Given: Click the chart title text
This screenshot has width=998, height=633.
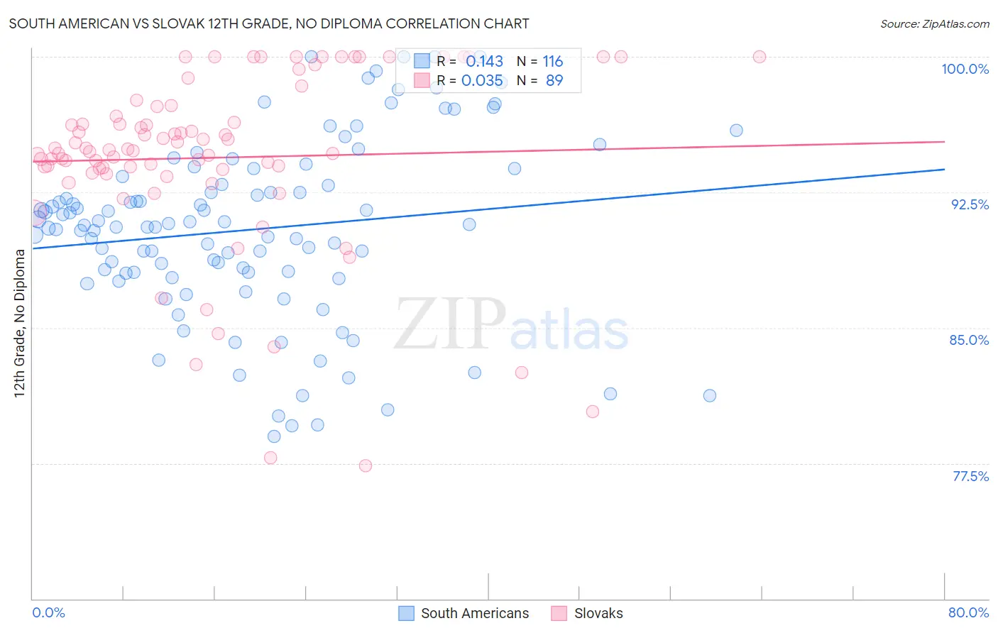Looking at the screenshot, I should pos(268,23).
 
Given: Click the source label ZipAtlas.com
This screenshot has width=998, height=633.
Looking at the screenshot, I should pos(934,23).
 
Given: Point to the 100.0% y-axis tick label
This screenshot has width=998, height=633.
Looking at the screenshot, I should pos(965,69).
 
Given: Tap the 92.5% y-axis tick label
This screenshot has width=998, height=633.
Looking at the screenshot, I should pos(970,204).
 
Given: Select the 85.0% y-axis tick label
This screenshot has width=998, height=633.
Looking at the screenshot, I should pos(969,340).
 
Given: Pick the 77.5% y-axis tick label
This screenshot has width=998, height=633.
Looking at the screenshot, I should pos(970,476).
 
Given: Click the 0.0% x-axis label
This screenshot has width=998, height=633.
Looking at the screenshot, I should pos(48,612).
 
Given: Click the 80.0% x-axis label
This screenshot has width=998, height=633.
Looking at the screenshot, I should pos(968,612).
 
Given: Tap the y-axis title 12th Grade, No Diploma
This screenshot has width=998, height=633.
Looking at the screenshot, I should pos(20,323).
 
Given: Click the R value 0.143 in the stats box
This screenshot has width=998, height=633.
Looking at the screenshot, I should pos(484,62).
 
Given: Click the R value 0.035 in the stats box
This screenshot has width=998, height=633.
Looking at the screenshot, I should pos(482,81).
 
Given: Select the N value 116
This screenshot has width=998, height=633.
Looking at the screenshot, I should pos(552,62).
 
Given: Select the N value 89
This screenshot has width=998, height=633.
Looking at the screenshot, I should pos(554,81).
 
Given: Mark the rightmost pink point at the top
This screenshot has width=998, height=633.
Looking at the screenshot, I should pos(759,57).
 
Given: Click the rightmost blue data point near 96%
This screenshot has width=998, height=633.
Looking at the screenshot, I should pos(736,131).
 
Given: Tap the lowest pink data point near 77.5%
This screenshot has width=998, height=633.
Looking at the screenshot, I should pos(366,466).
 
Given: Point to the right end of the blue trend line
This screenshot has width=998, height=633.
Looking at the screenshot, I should pos(944,170).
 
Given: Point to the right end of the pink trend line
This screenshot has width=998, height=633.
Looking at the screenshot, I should pos(944,142).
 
